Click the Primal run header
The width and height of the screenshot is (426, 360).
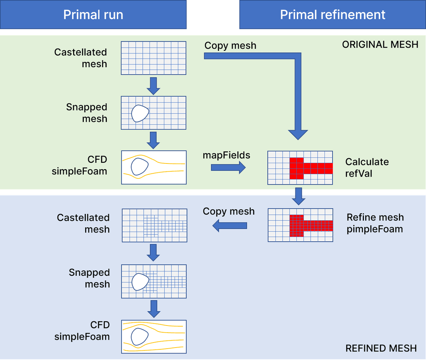click(93, 15)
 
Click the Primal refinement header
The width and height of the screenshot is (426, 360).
click(332, 15)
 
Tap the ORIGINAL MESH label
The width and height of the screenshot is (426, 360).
click(380, 44)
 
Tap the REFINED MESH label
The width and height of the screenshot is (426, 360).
click(381, 348)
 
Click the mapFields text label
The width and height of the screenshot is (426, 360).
click(226, 155)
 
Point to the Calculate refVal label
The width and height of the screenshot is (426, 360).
click(367, 167)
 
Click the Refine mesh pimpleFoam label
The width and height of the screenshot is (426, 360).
click(375, 223)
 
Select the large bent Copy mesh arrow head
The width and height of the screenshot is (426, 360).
click(298, 134)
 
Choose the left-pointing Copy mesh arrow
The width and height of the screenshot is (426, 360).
click(230, 225)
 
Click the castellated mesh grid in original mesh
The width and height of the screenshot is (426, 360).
click(153, 58)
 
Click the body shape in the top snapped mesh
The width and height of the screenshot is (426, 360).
click(140, 113)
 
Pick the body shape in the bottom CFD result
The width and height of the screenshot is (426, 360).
click(140, 337)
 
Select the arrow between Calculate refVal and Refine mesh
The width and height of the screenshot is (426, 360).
click(299, 196)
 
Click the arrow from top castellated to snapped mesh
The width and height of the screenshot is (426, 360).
click(153, 86)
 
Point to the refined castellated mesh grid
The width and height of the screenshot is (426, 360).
click(154, 225)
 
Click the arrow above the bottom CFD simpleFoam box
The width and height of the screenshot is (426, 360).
click(154, 308)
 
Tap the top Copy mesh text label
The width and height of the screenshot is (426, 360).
click(230, 45)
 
